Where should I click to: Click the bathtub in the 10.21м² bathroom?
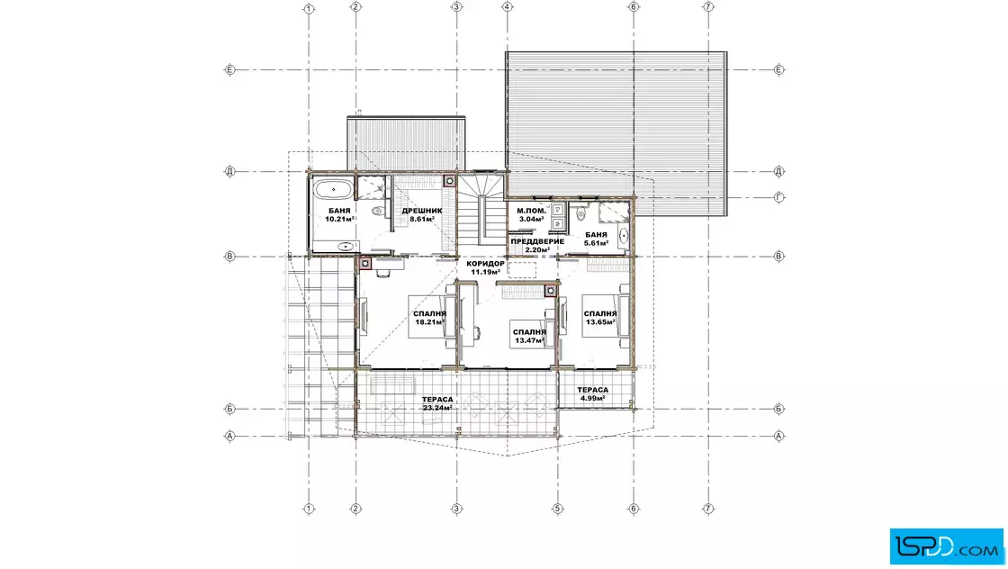pyautogui.click(x=332, y=189)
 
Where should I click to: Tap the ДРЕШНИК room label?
pyautogui.click(x=422, y=211)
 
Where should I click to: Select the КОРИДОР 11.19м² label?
pyautogui.click(x=485, y=267)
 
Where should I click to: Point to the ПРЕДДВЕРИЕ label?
pyautogui.click(x=537, y=241)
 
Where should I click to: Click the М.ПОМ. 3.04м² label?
pyautogui.click(x=532, y=215)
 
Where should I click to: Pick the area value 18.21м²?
pyautogui.click(x=430, y=322)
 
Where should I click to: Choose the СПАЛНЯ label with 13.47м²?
pyautogui.click(x=530, y=331)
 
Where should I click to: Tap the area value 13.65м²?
pyautogui.click(x=599, y=322)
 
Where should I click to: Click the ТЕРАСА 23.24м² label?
pyautogui.click(x=437, y=403)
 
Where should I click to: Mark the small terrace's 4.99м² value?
pyautogui.click(x=593, y=398)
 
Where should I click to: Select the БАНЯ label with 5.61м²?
pyautogui.click(x=596, y=235)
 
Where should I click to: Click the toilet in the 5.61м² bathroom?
pyautogui.click(x=581, y=212)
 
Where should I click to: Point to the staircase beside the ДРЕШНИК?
pyautogui.click(x=481, y=210)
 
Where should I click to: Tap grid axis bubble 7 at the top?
pyautogui.click(x=708, y=7)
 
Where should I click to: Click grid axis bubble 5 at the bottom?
pyautogui.click(x=557, y=509)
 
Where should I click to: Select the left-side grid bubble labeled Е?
pyautogui.click(x=229, y=69)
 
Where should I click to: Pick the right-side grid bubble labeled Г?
pyautogui.click(x=779, y=197)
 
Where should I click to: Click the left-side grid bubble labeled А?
pyautogui.click(x=229, y=436)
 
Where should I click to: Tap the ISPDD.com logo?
pyautogui.click(x=946, y=546)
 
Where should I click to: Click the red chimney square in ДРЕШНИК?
pyautogui.click(x=450, y=181)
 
